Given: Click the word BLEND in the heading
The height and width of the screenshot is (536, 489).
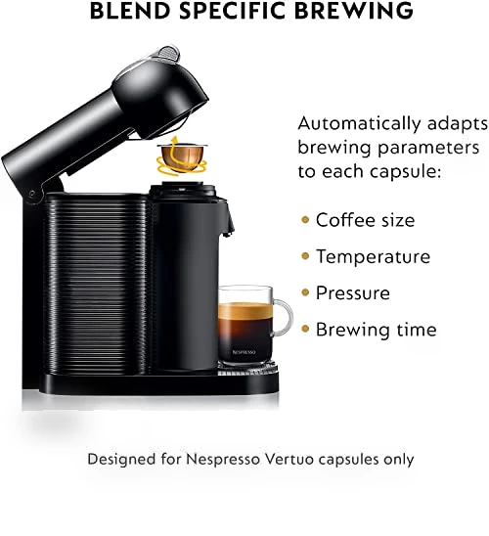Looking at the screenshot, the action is tap(130, 10).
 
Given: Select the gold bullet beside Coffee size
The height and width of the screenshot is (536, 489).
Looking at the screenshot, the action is tap(305, 219).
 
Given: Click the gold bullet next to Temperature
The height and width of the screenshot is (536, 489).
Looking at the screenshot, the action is tap(305, 255).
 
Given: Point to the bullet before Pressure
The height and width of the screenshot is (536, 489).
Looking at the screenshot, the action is tap(305, 292).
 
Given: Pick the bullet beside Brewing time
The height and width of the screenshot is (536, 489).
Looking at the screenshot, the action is tap(305, 329).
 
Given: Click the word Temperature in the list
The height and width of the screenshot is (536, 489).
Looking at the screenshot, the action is tap(373, 256).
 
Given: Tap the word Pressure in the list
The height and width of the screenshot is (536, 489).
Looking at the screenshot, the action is tap(353, 293).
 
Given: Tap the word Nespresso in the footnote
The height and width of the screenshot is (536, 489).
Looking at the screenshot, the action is tap(223, 460).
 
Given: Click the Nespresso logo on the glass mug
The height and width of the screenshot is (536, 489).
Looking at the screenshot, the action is tap(244, 352).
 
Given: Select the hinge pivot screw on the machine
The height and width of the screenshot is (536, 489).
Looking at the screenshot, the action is tap(32, 195).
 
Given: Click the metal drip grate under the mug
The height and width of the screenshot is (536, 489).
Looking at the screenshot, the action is tap(247, 370).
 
